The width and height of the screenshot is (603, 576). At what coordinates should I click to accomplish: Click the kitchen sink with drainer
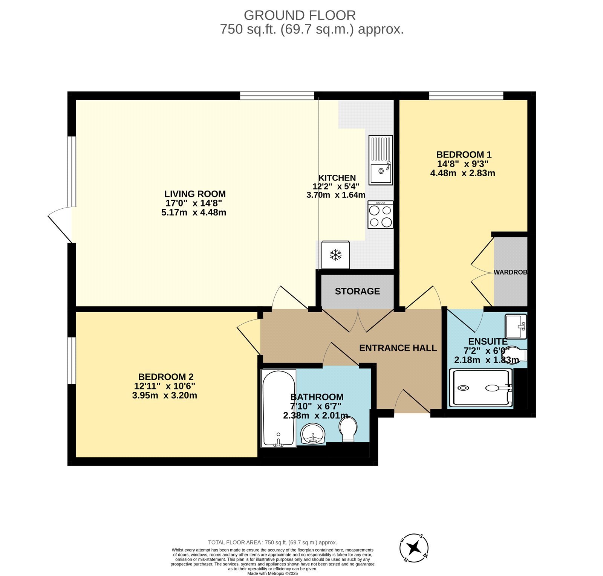pos(380,160)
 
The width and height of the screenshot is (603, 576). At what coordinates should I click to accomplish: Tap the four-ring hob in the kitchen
pos(380,214)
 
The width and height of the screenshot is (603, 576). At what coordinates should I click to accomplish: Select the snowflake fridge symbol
pos(335,255)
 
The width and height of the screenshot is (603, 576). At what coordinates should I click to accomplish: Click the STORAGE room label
pos(357,291)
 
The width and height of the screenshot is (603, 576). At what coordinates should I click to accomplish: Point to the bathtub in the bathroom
pos(279,408)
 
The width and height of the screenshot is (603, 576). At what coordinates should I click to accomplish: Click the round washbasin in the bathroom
pos(313,434)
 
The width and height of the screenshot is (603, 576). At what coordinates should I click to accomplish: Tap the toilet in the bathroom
pos(348,430)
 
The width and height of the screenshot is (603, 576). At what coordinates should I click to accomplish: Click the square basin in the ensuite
pos(516,327)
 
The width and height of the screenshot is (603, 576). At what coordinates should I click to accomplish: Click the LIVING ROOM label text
pos(195,194)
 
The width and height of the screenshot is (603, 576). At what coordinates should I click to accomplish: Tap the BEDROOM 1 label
pos(464,154)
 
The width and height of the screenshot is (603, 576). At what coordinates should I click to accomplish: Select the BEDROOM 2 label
pos(166,377)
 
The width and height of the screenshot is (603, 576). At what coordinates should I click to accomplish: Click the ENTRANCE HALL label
pos(398,348)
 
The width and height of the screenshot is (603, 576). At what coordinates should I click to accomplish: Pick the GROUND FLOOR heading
pos(300,15)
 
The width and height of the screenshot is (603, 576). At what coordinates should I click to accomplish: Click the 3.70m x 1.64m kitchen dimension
pos(336,195)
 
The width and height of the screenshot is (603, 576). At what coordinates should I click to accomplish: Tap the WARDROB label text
pos(510,272)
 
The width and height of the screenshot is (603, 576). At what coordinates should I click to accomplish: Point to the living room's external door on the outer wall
pos(60,225)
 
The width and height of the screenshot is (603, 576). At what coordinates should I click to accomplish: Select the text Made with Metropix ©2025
pos(272,573)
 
